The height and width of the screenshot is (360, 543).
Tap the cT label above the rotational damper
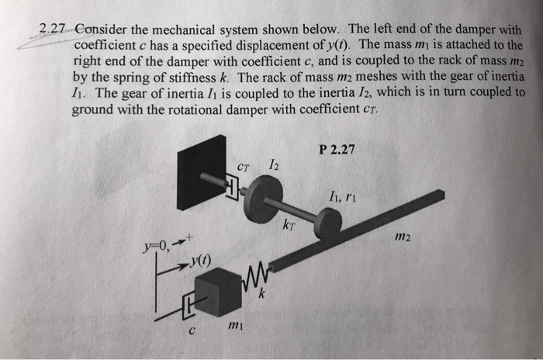244,166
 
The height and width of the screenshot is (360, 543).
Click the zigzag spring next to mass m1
255,273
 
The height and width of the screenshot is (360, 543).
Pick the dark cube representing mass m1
217,294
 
